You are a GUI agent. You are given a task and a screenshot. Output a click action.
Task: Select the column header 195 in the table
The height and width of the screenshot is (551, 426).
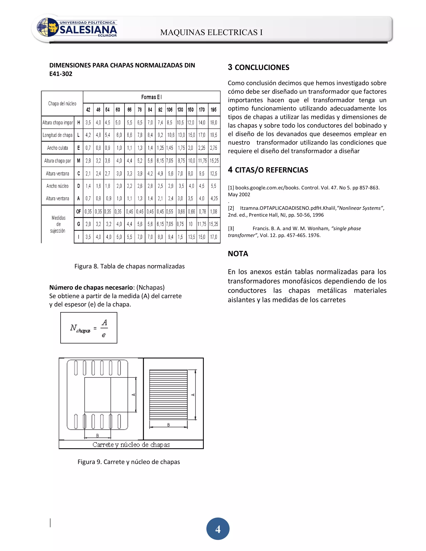[213, 110]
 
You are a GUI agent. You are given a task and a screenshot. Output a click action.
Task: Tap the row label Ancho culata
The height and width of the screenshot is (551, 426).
[58, 148]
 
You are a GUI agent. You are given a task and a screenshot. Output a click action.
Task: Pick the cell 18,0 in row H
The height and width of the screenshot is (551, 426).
[213, 123]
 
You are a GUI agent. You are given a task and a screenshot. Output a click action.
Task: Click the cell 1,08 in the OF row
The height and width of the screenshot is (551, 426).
[213, 212]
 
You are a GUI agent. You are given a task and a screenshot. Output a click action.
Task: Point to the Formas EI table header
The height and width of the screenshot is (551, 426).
[151, 97]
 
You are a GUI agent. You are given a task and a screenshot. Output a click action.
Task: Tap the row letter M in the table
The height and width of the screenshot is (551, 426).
[78, 161]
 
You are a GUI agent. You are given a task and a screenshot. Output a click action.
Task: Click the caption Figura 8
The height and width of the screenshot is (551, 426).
[129, 266]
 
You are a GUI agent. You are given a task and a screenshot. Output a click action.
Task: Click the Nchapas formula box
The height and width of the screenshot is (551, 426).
[89, 328]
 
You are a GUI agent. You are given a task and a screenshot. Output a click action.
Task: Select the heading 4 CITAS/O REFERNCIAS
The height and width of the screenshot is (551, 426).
[268, 170]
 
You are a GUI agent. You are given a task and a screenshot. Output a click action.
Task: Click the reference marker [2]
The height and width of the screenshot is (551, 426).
[231, 208]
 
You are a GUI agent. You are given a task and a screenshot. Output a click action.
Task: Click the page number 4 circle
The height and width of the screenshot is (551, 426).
[218, 529]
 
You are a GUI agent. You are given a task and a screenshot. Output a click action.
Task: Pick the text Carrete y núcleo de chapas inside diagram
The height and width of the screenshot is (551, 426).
[131, 445]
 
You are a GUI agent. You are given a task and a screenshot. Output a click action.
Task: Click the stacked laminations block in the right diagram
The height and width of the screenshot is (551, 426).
[168, 395]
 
